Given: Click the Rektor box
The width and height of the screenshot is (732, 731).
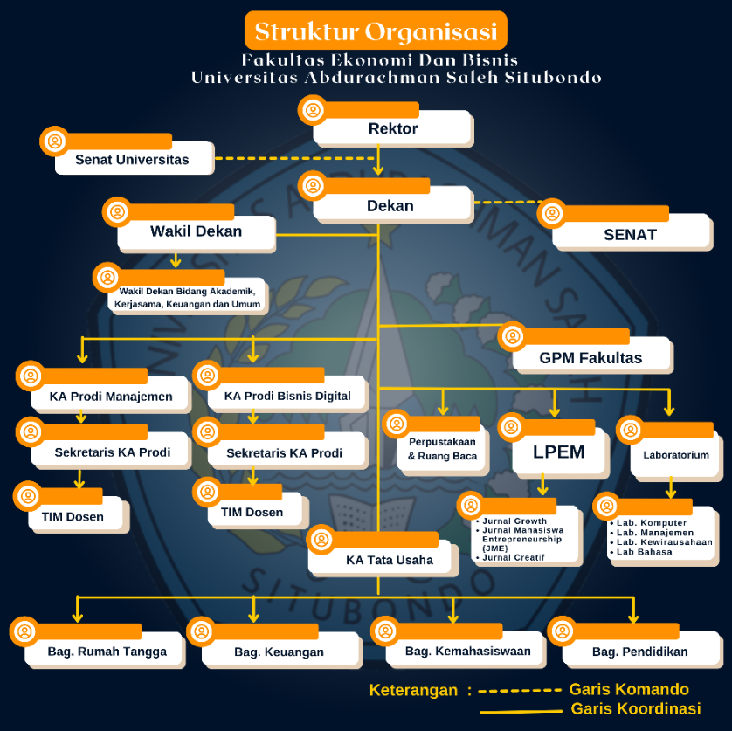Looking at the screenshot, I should tap(393, 128).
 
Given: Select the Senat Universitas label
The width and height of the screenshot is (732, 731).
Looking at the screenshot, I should tap(132, 159).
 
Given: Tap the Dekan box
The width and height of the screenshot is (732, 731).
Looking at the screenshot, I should tap(390, 206).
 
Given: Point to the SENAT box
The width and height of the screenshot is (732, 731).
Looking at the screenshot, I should tap(630, 234).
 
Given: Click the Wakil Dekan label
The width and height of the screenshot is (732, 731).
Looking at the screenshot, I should tap(196, 231).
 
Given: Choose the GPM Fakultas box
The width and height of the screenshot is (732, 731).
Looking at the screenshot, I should tap(590, 357).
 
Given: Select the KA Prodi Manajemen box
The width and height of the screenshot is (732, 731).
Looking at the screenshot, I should tap(111, 396).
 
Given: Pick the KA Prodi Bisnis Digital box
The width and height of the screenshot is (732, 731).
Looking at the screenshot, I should tap(287, 396).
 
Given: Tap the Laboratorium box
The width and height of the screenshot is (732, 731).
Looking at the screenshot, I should tap(676, 455).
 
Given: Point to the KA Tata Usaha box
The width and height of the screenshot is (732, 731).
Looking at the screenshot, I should tap(390, 560).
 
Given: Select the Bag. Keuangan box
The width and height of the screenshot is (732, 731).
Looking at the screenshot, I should tap(280, 652).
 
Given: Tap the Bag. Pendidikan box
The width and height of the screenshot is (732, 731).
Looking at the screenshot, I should tap(640, 652).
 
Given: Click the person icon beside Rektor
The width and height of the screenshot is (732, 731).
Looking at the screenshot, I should tap(313, 110).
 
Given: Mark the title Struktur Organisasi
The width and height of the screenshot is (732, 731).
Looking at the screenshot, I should tap(376, 31).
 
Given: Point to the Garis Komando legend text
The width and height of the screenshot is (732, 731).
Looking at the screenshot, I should tap(629, 690).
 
